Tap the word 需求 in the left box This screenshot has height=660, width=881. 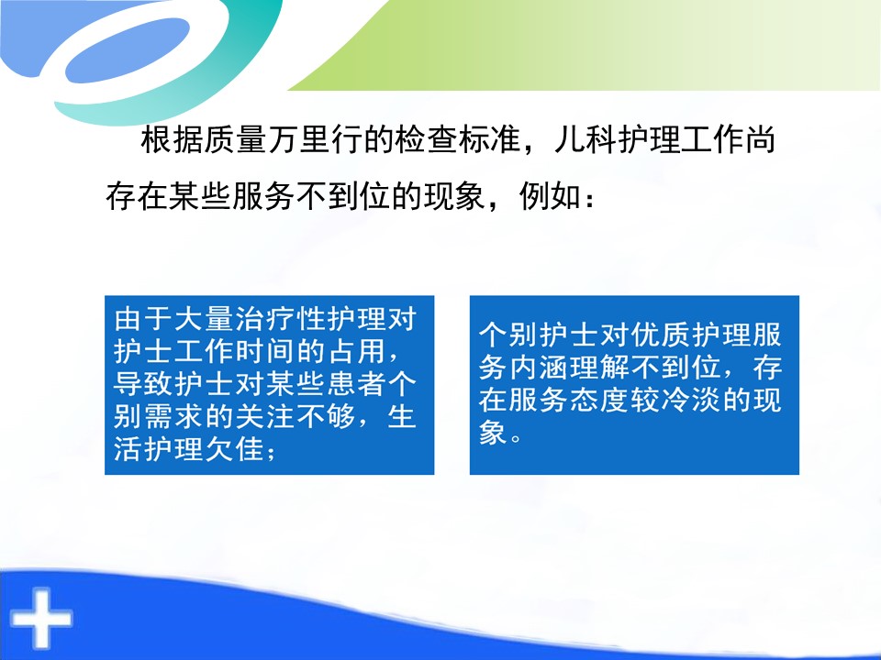click(174, 417)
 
